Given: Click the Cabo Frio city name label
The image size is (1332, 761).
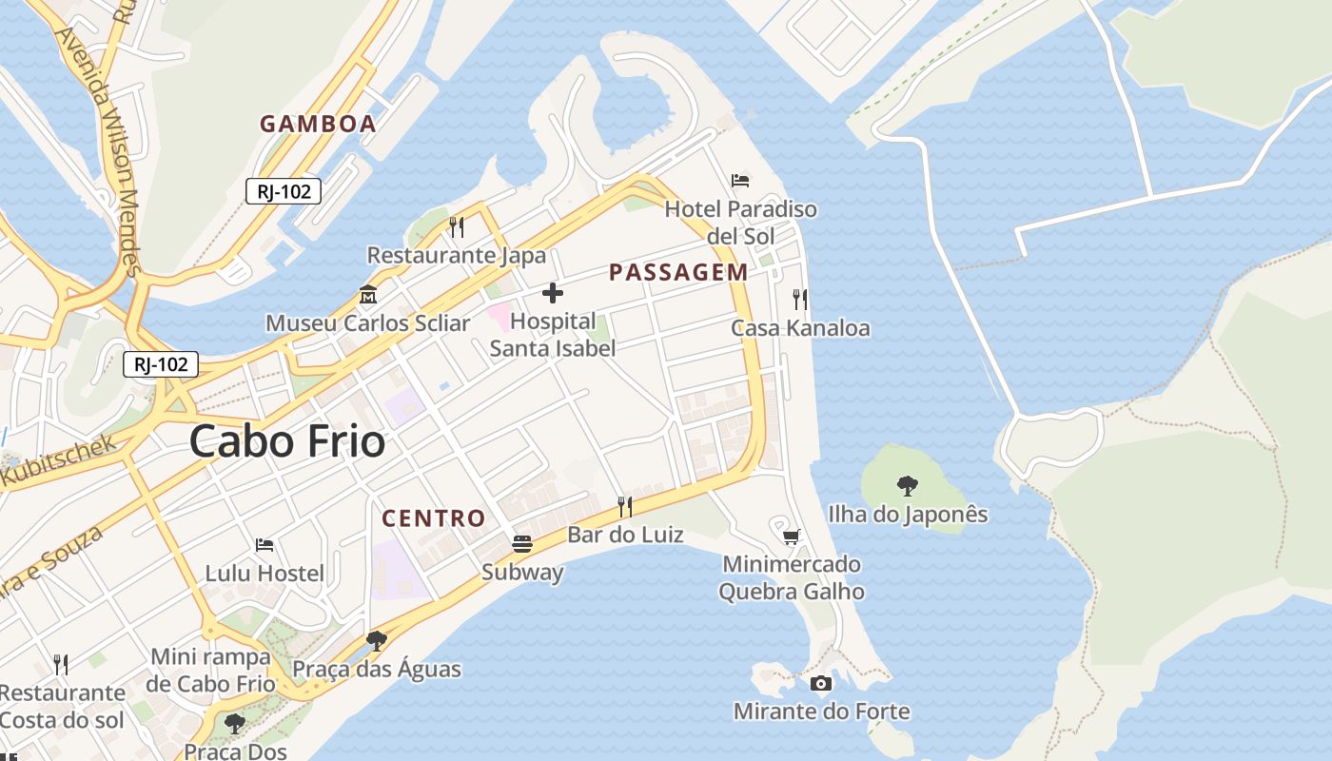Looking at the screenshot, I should click(x=287, y=441).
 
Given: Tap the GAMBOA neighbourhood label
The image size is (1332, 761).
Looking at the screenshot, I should click(x=318, y=124).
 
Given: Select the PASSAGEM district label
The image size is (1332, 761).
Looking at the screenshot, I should click(x=678, y=273).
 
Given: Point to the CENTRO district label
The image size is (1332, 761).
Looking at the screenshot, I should click(x=434, y=518).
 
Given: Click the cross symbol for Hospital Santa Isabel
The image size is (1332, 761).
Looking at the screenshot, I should click(x=552, y=293).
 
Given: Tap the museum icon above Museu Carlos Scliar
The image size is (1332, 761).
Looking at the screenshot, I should click(x=367, y=294).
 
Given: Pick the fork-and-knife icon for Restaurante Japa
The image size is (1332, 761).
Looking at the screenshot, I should click(x=457, y=226).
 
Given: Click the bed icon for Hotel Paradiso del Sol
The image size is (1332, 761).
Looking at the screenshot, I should click(x=740, y=180).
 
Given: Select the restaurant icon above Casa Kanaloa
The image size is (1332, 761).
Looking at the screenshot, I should click(x=800, y=300).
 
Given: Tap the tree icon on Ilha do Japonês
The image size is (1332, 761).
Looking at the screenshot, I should click(x=908, y=486).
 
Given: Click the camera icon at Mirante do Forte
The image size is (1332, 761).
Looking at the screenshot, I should click(x=821, y=683).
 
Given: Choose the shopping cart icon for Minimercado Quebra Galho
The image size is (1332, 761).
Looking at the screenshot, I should click(x=791, y=537).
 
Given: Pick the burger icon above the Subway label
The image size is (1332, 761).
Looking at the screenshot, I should click(x=522, y=544).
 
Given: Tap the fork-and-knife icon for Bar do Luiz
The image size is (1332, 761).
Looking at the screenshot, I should click(x=625, y=506).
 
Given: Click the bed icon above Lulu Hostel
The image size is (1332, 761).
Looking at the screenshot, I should click(x=264, y=545).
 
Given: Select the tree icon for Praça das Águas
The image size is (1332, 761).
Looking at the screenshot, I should click(x=377, y=640).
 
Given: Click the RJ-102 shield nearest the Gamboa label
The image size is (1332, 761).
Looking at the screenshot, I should click(x=284, y=191).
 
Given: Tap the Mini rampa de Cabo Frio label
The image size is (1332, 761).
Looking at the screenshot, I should click(x=211, y=670).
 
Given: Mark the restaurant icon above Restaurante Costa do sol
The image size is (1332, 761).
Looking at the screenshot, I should click(x=61, y=664).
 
